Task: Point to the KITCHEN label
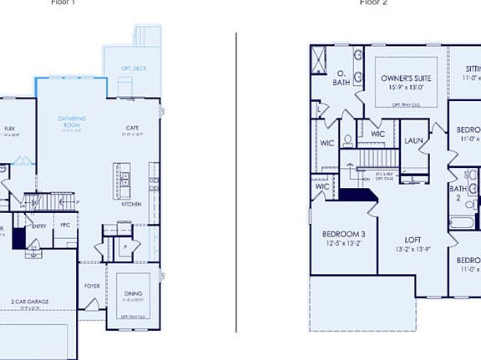click(132, 204)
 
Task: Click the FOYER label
click(92, 285)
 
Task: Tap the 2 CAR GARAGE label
click(29, 301)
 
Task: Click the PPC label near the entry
click(65, 225)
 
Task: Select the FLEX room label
click(10, 129)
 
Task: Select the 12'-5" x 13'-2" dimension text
click(344, 243)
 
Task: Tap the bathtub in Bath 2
click(460, 223)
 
